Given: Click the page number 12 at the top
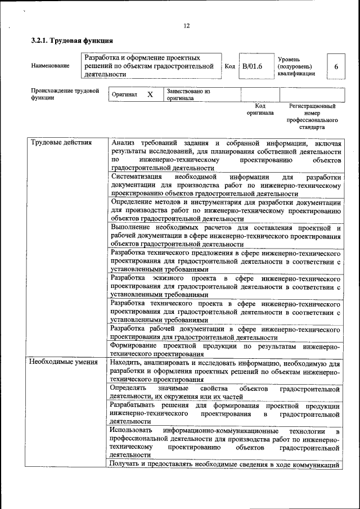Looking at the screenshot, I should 186,26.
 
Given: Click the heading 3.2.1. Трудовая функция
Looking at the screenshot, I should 72,41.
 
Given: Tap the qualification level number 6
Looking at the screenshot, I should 336,66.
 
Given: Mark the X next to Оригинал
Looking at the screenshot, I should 150,95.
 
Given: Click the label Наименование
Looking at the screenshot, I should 51,66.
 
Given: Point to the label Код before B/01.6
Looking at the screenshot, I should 229,66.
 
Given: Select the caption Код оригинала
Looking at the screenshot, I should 260,109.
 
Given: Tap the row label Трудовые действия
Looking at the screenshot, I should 61,142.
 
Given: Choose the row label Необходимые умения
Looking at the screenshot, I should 63,362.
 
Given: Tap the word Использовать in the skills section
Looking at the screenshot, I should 131,430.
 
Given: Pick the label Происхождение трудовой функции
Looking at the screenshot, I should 65,94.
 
